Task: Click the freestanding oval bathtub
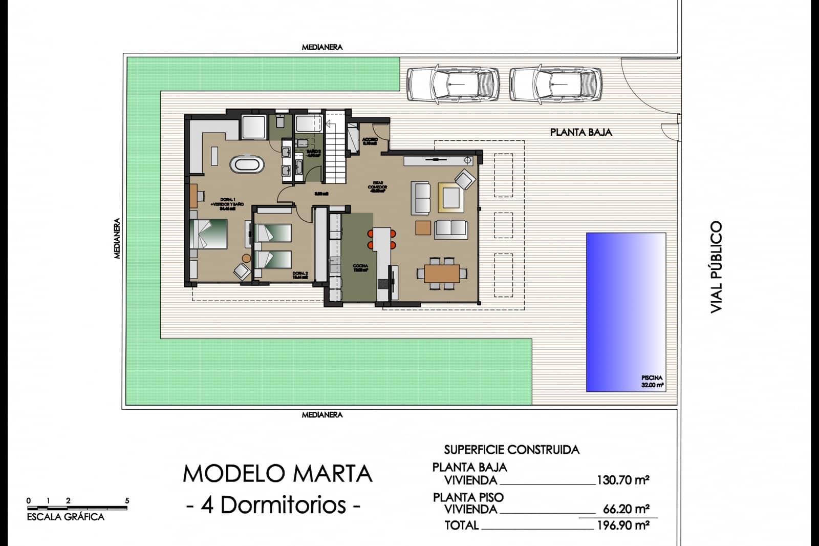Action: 248,165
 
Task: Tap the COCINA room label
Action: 360,268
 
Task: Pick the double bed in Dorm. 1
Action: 209,234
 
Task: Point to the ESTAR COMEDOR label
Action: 378,186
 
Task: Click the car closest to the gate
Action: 555,83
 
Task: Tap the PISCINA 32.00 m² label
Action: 652,381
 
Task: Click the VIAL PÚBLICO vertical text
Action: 716,267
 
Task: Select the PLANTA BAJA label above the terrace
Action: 581,132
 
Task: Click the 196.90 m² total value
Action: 623,525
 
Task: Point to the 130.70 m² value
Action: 623,480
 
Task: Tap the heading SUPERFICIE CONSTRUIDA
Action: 511,450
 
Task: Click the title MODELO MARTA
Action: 277,474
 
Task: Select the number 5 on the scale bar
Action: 127,501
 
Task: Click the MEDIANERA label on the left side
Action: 117,239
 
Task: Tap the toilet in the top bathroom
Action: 280,121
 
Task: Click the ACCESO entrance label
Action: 370,141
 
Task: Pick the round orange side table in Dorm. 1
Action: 247,258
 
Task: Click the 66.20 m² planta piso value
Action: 626,509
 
